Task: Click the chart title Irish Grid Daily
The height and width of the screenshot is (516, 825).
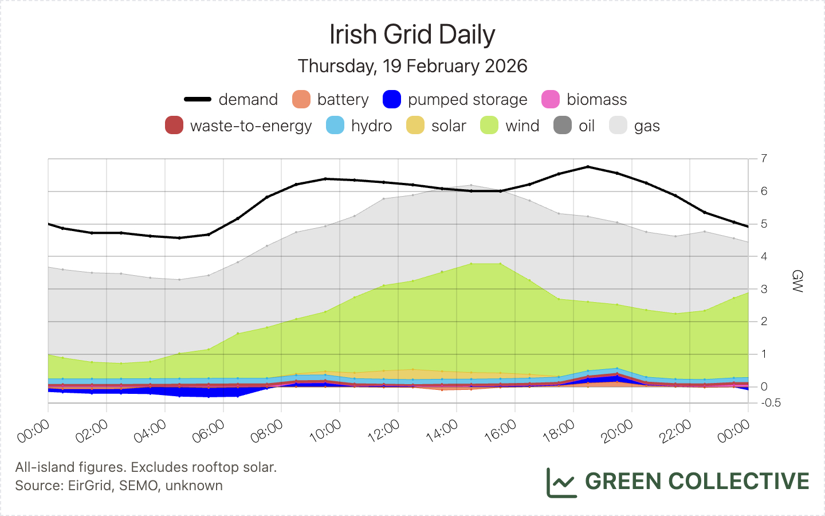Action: point(412,34)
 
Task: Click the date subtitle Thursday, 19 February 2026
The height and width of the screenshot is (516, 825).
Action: point(412,66)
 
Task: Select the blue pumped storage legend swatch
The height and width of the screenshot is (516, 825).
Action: point(392,99)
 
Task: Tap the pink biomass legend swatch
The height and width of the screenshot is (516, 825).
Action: point(551,99)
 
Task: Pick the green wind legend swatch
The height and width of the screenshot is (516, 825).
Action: point(489,126)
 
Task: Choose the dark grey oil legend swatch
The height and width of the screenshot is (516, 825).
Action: point(563,126)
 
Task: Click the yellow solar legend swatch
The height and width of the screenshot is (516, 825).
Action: point(415,126)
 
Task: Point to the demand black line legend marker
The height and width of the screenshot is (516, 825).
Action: point(198,99)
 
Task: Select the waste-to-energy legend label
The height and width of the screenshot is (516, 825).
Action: point(251,126)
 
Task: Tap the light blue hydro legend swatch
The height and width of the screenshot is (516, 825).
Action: point(335,126)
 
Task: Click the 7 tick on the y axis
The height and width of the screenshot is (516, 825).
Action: point(764,159)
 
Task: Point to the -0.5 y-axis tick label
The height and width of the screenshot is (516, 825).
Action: point(771,403)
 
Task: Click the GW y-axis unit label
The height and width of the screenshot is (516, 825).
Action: point(796,281)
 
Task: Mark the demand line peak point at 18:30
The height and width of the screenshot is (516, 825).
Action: point(588,167)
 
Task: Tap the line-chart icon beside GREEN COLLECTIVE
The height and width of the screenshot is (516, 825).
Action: point(561,482)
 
